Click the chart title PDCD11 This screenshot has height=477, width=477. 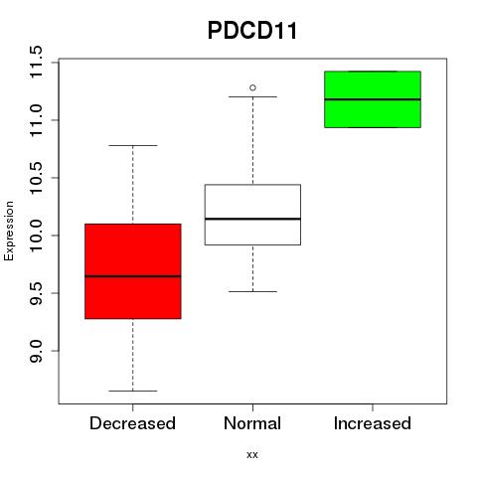(x=252, y=31)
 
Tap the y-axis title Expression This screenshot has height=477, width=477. (x=9, y=231)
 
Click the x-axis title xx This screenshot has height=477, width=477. (x=252, y=454)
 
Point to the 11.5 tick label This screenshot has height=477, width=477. (x=35, y=62)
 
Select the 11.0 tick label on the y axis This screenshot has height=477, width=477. (x=35, y=120)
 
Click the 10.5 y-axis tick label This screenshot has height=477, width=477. (x=35, y=178)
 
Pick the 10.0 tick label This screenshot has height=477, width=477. (x=35, y=236)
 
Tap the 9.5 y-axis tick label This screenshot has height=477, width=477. (x=35, y=293)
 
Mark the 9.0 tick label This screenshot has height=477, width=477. (x=35, y=351)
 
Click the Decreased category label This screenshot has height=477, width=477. (x=132, y=423)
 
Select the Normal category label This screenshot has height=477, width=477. (x=252, y=423)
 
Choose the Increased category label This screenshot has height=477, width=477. (x=373, y=423)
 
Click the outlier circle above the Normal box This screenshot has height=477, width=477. (x=252, y=87)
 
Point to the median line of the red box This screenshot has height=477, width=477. (x=133, y=276)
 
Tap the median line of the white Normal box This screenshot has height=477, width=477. (x=252, y=219)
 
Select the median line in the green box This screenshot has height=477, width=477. (x=373, y=99)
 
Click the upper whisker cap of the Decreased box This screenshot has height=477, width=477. (x=133, y=145)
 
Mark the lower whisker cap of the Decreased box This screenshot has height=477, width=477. (x=133, y=391)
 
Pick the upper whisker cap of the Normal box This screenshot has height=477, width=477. (x=252, y=96)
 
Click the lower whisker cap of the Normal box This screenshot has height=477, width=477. (x=252, y=291)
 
